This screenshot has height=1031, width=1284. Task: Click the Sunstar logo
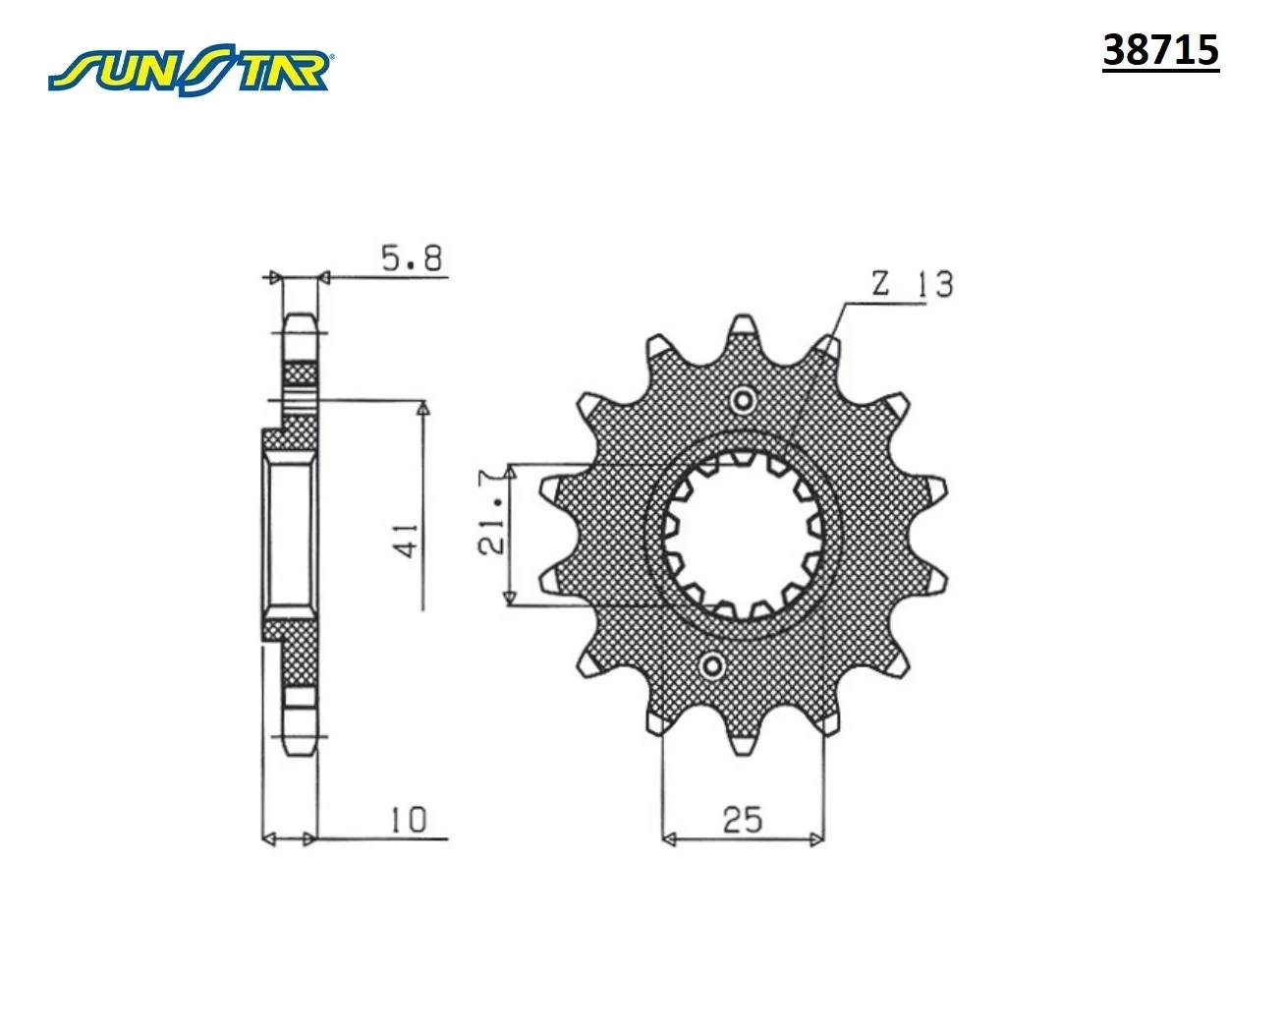[x=190, y=69]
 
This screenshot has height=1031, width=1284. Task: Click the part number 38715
[x=1160, y=50]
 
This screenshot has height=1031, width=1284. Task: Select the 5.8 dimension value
[x=412, y=258]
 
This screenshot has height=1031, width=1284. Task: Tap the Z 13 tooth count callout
[x=913, y=284]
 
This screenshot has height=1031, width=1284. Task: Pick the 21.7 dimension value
[x=493, y=512]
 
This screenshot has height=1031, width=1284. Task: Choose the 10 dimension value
[x=409, y=821]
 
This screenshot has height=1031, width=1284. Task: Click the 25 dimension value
[x=743, y=821]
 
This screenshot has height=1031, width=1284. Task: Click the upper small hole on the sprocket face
[x=743, y=400]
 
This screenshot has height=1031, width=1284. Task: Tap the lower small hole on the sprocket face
[x=713, y=666]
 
